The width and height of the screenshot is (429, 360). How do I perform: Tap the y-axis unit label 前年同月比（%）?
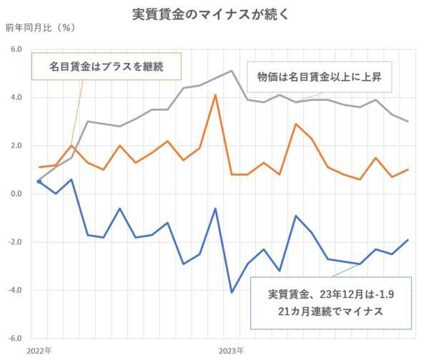pos(40,29)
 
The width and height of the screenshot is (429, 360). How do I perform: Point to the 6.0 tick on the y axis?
pos(15,49)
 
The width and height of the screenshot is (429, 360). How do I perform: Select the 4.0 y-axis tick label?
pos(15,97)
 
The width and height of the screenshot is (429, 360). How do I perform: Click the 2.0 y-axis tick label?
pos(15,146)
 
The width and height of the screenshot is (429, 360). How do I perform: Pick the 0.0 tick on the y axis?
pos(15,194)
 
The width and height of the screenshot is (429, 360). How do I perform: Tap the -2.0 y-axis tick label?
pos(14,242)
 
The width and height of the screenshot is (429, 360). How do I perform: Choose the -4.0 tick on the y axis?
pos(14,290)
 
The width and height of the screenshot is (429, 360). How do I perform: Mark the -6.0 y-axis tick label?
pos(14,339)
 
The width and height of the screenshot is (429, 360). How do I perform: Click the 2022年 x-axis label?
pos(39,351)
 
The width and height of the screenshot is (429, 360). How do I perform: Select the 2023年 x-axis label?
pos(232,351)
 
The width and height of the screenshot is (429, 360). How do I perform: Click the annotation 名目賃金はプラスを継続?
pos(107,67)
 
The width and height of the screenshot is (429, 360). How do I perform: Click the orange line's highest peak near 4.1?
pos(215,95)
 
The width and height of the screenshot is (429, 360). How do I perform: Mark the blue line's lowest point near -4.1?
pos(232,292)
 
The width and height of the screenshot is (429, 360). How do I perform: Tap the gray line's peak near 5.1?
pos(232,71)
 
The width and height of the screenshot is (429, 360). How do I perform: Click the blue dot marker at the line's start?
pos(39,181)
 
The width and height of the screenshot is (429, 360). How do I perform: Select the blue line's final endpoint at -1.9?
pos(408,240)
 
